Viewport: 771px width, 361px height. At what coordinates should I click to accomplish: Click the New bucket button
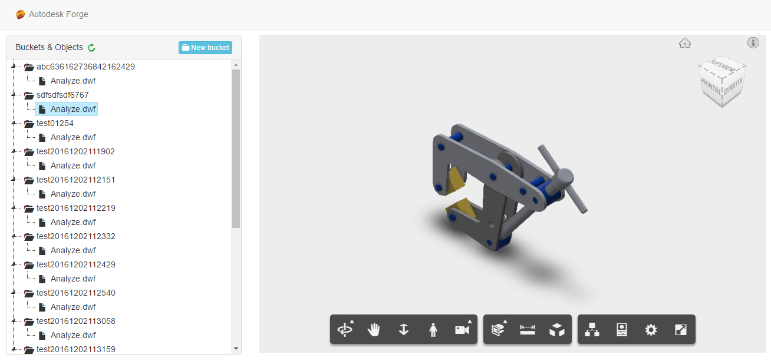point(205,48)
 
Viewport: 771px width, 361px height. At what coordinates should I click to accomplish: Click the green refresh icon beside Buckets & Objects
point(91,48)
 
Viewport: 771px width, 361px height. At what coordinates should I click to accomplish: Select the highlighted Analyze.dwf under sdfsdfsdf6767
point(67,109)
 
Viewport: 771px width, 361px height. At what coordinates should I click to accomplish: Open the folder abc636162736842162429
point(85,67)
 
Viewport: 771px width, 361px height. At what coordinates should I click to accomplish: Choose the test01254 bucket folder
point(55,123)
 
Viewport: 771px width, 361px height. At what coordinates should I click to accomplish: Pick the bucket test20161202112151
point(75,180)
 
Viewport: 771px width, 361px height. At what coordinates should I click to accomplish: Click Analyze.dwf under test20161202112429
point(73,279)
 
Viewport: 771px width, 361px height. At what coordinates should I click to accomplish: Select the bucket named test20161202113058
point(75,321)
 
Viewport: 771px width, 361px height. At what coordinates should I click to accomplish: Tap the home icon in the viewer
point(685,43)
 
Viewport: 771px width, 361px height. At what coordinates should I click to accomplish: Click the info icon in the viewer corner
point(753,42)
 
